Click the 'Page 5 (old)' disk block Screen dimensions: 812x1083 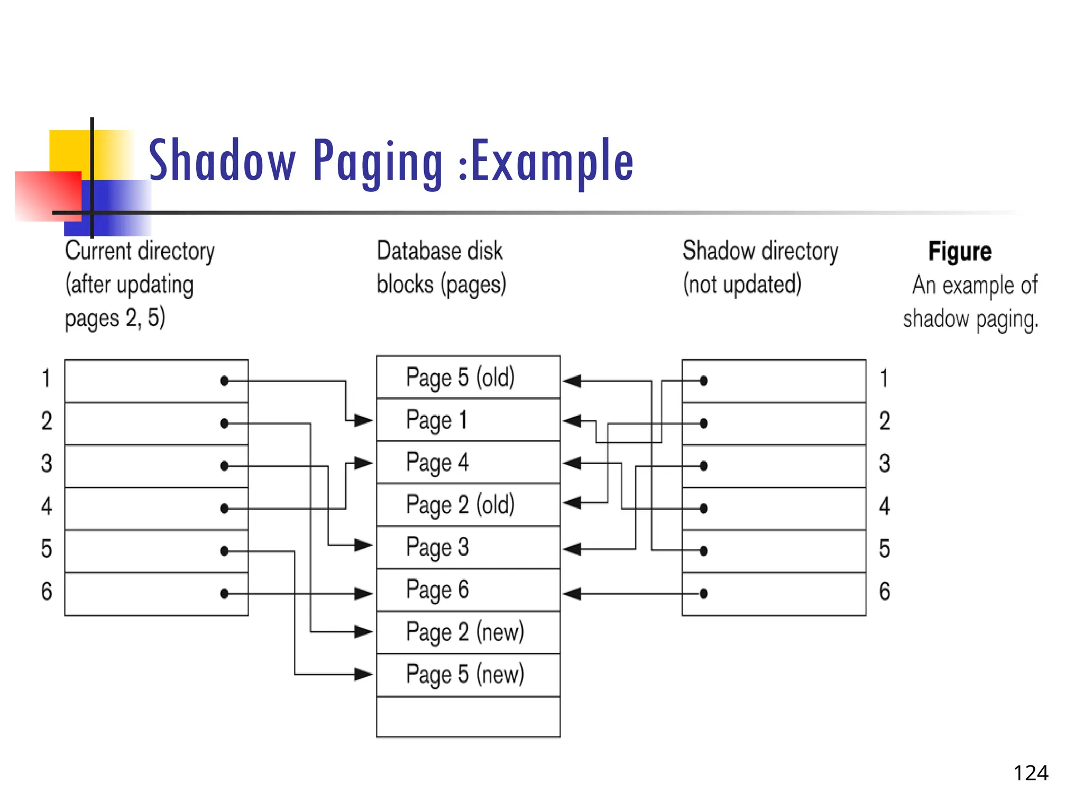click(468, 377)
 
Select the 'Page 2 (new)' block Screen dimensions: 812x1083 click(468, 632)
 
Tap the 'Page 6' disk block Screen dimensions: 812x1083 click(468, 589)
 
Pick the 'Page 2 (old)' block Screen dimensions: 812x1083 click(468, 504)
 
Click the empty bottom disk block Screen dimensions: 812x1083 click(468, 717)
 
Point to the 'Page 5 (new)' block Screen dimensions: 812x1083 click(468, 675)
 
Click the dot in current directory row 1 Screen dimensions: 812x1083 click(224, 381)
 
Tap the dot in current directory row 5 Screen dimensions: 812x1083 click(224, 551)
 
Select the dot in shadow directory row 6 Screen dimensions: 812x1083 click(703, 594)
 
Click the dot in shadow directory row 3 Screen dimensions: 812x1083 click(703, 466)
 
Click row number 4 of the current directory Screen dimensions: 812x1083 click(47, 506)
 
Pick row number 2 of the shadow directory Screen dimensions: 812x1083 click(884, 421)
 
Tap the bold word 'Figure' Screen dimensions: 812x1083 click(960, 252)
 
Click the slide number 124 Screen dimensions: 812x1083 click(1031, 773)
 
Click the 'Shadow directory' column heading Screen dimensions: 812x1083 click(760, 251)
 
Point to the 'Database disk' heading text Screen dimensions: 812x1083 click(439, 251)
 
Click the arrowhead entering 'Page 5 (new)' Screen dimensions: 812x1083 click(364, 675)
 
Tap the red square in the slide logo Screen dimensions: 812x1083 click(48, 196)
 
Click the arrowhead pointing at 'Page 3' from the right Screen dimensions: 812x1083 click(572, 549)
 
